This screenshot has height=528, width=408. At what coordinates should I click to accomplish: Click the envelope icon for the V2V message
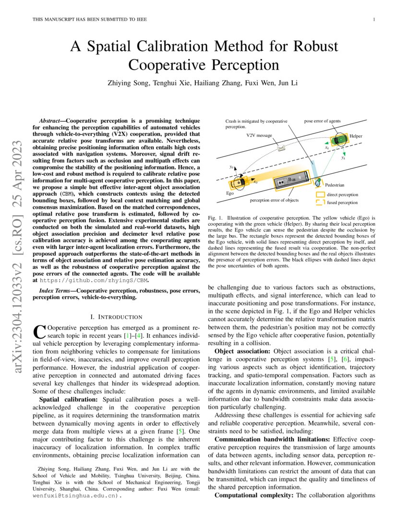pos(282,148)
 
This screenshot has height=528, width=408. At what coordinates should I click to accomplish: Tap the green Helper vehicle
pos(340,139)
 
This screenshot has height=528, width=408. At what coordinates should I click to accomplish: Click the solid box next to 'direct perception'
pos(321,195)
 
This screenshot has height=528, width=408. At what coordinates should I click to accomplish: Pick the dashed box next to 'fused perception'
pos(321,203)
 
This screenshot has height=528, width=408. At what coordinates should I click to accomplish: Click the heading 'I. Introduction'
pos(116,317)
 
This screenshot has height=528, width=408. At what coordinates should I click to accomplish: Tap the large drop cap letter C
pos(38,330)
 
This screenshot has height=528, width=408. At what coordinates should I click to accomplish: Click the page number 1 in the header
pos(373,19)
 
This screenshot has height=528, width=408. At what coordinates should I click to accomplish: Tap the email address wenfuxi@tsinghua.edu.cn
pos(75,497)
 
